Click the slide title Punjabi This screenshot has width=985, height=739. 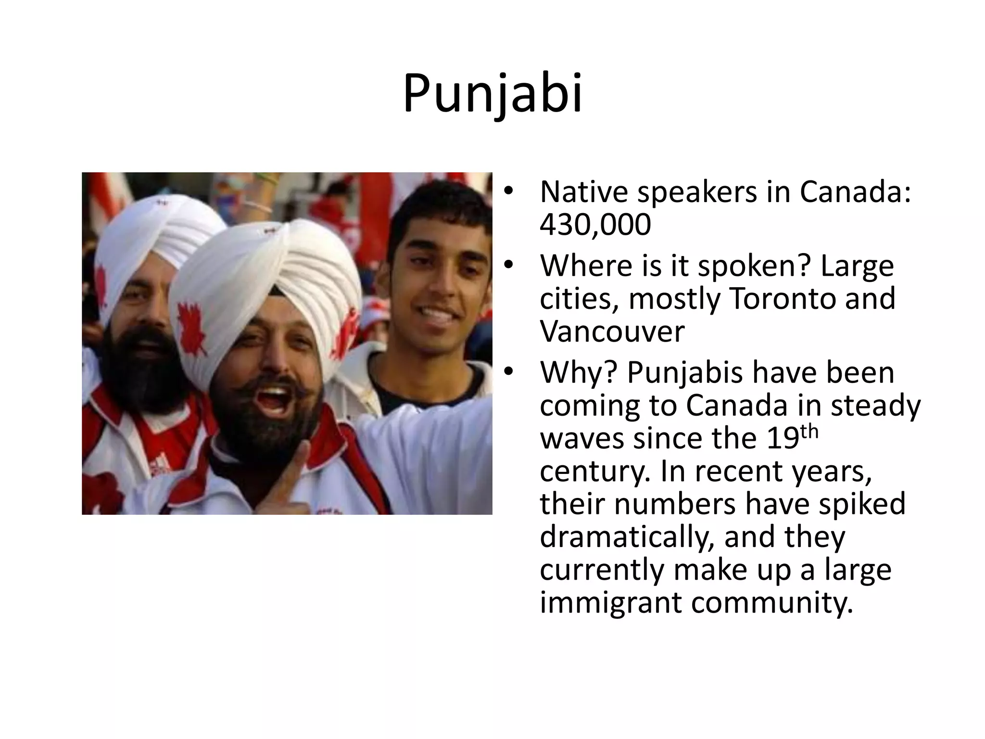coord(492,94)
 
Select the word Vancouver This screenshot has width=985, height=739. coord(611,331)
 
